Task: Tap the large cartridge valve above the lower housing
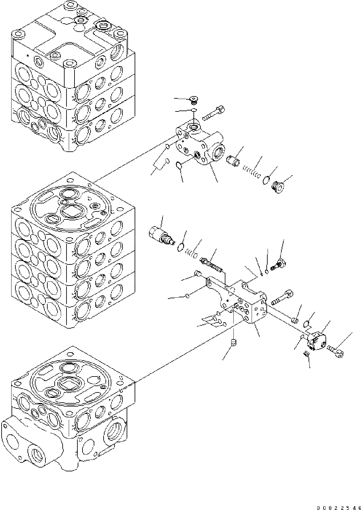point(160,234)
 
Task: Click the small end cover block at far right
point(317,341)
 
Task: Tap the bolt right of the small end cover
point(336,351)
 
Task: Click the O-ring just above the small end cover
point(306,324)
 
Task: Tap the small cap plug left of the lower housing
point(198,274)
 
